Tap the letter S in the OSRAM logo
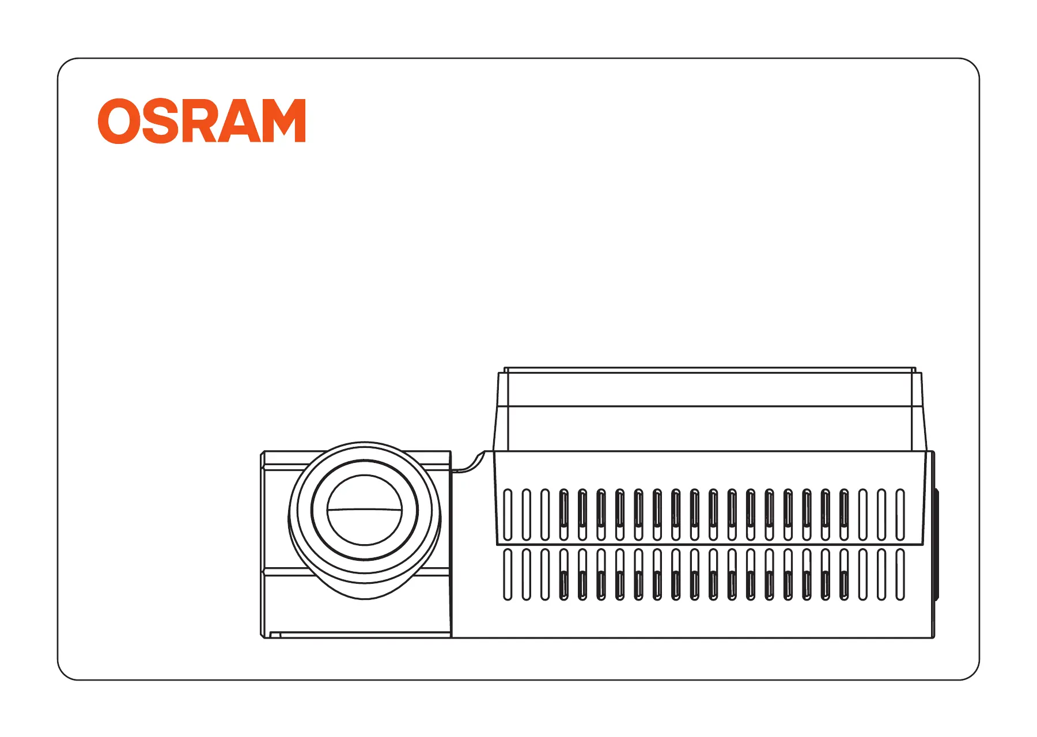point(158,121)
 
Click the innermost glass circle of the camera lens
point(364,510)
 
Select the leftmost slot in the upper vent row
point(508,515)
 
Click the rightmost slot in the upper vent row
point(900,515)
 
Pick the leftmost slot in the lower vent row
point(508,575)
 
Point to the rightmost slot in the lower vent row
point(900,575)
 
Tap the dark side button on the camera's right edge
point(936,544)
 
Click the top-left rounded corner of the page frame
point(64,64)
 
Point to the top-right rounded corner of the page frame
point(972,64)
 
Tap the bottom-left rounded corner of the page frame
point(64,673)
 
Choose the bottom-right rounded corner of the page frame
point(972,673)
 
